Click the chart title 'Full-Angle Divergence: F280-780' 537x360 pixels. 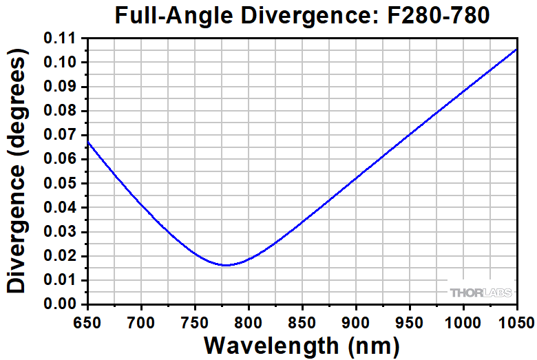[302, 15]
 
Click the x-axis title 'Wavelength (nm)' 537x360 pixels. [302, 344]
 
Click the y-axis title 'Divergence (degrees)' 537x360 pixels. [19, 175]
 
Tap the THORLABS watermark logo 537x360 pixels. [481, 293]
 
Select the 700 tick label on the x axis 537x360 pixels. [141, 320]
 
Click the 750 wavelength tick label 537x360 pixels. [195, 320]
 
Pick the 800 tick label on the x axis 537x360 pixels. [249, 320]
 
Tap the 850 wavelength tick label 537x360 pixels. [302, 320]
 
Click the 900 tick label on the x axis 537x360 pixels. [356, 320]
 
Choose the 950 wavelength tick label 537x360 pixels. [410, 320]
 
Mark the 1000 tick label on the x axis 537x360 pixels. [463, 320]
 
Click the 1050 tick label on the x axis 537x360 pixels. [515, 320]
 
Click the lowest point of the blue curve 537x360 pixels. [225, 265]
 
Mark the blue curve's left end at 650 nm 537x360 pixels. [88, 142]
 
